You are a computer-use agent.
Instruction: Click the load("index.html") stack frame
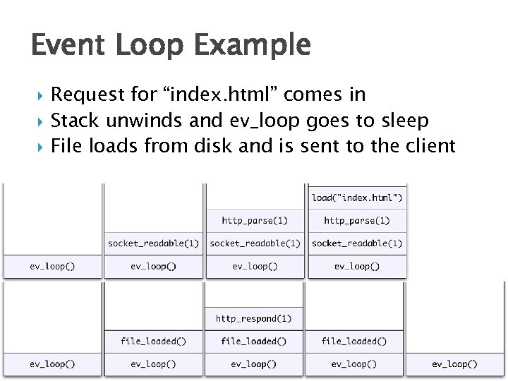click(x=357, y=198)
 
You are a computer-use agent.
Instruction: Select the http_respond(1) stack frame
click(x=253, y=318)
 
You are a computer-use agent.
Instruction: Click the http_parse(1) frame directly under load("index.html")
click(x=357, y=221)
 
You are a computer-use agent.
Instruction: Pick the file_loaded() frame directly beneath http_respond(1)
click(x=253, y=341)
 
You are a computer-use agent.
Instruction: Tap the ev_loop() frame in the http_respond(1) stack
click(x=253, y=364)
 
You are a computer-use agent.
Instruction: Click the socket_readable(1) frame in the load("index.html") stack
click(x=357, y=243)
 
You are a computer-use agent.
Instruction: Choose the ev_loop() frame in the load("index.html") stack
click(x=357, y=267)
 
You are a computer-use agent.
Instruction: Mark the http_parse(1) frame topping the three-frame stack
click(x=255, y=221)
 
